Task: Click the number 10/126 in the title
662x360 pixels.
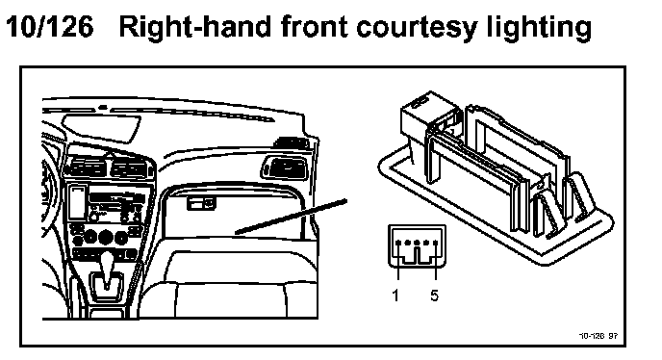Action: (x=49, y=27)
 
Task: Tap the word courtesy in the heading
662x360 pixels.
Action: (x=417, y=29)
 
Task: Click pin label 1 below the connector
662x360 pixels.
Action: (x=395, y=296)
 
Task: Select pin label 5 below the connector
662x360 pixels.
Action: (x=435, y=296)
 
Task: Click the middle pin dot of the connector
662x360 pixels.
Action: (x=417, y=243)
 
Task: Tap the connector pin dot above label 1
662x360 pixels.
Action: (x=398, y=243)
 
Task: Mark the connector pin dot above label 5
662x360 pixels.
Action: (x=435, y=243)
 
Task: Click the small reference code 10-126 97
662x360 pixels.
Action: (x=598, y=336)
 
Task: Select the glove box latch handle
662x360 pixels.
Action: (x=201, y=204)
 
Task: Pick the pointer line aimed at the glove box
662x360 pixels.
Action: (x=291, y=217)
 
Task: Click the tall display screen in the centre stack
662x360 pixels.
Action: (x=76, y=202)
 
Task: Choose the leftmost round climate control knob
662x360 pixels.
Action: (x=90, y=237)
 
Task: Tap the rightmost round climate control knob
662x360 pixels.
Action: (x=120, y=238)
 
